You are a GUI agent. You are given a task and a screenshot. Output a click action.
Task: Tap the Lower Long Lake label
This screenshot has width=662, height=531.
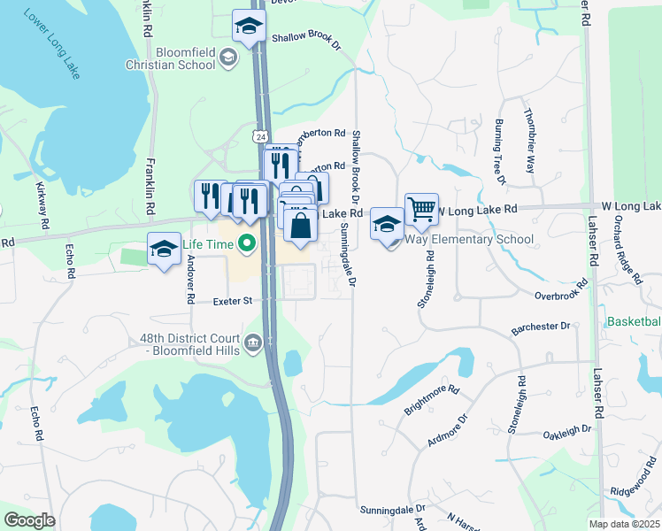52,43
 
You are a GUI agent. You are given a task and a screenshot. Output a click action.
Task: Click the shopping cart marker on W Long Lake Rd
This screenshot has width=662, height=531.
421,210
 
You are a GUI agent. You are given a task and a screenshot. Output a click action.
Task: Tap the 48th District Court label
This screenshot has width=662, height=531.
189,342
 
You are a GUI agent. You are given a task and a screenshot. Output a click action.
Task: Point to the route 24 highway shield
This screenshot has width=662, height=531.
259,137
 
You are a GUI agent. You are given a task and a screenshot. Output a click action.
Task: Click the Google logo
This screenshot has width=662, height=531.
28,520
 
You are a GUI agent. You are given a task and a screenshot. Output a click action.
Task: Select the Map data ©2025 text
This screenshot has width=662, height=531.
623,524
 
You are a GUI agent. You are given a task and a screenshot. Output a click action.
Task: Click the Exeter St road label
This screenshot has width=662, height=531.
233,301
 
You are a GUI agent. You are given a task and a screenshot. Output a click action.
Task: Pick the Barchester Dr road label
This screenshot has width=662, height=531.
541,328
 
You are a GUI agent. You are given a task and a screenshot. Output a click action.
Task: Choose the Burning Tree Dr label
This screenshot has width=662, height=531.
499,152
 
